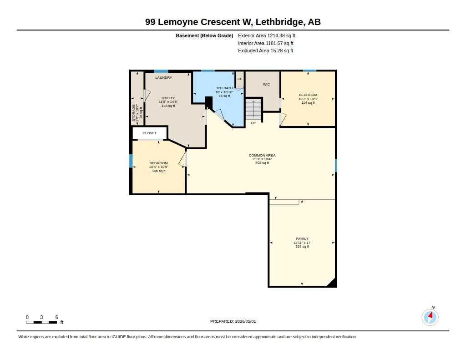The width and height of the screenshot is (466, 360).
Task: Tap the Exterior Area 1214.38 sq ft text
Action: click(x=267, y=35)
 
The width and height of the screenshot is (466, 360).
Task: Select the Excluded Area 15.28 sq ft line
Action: click(x=266, y=51)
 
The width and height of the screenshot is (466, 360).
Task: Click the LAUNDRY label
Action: click(x=163, y=77)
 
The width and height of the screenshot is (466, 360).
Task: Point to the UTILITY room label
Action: click(x=168, y=98)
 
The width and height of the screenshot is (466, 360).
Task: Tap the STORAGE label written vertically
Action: click(x=133, y=113)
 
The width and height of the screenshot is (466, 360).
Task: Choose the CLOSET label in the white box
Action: click(x=149, y=133)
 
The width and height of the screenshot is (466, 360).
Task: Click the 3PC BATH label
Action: click(x=224, y=88)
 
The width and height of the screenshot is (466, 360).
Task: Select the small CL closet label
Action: click(x=239, y=79)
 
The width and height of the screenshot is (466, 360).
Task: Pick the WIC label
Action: click(x=266, y=85)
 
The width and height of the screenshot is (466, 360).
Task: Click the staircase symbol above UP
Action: click(x=253, y=109)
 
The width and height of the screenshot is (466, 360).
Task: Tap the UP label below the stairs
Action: click(x=253, y=123)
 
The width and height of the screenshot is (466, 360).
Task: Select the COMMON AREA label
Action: click(x=262, y=156)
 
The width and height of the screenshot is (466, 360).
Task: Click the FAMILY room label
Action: click(x=302, y=239)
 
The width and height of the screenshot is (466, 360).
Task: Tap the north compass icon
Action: click(x=430, y=317)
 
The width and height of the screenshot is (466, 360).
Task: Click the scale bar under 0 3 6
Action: click(x=41, y=322)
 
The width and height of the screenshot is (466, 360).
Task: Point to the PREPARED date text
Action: click(x=233, y=321)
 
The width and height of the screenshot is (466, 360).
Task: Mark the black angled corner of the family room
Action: click(x=333, y=283)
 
